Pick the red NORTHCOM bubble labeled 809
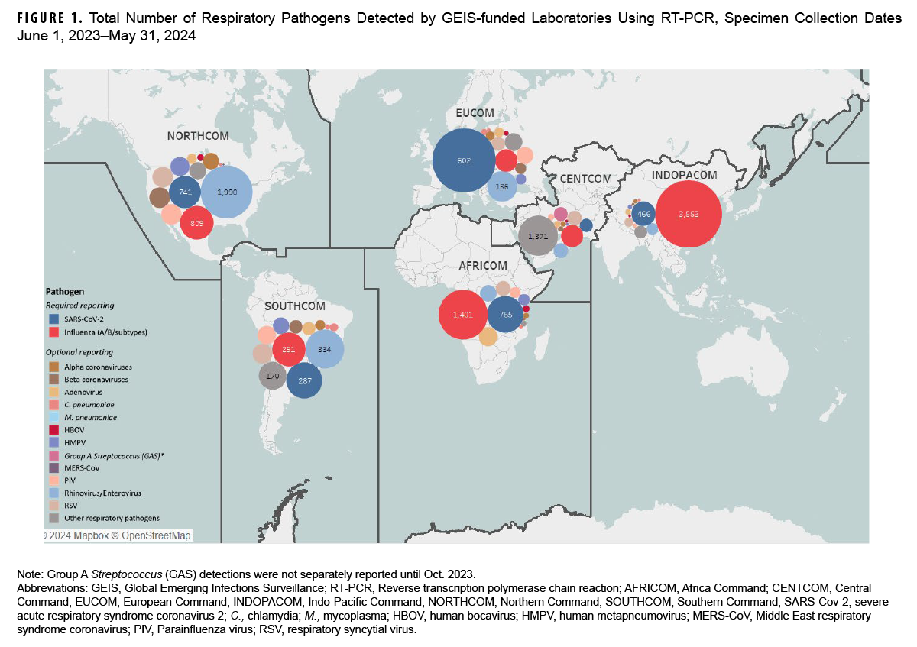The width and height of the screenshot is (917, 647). coord(196,223)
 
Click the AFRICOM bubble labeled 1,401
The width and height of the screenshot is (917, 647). coord(464,315)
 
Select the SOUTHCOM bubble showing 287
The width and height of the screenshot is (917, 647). coord(305,380)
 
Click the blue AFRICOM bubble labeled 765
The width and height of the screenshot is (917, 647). coord(505,315)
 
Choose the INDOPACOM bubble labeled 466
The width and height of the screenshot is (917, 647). coord(644,215)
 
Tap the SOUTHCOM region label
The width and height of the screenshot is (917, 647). coord(295,306)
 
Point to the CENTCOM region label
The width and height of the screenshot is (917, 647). coord(585,179)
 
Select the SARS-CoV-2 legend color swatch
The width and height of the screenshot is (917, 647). coord(53,318)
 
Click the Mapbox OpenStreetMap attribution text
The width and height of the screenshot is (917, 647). coord(118,535)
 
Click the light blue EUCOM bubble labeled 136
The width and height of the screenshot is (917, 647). coord(501,186)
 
